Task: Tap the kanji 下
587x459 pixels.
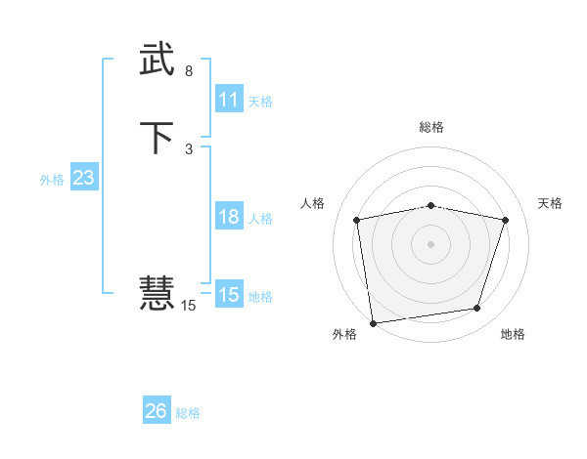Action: point(158,138)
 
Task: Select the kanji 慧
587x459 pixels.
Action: point(158,292)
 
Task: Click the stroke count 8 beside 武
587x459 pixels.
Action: point(189,71)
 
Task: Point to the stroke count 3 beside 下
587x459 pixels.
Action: point(189,148)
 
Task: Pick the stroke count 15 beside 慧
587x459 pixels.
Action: point(189,306)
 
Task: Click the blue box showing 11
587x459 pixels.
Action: point(229,100)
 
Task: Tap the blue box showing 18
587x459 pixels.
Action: point(229,217)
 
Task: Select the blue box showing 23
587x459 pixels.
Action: point(83,178)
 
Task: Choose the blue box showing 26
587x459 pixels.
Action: point(157,411)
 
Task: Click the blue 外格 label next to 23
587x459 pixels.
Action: point(52,180)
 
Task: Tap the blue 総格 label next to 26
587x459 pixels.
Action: point(188,413)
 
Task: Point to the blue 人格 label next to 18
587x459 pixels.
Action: point(261,219)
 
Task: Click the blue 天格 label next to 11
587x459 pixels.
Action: point(260,102)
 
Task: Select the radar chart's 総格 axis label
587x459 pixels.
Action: point(431,127)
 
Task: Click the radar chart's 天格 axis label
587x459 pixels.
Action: point(551,203)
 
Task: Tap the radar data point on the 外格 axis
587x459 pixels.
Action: point(373,322)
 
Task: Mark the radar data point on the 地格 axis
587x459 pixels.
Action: point(477,309)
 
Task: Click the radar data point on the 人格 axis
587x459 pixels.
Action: point(357,220)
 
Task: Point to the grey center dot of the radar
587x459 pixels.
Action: point(431,243)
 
